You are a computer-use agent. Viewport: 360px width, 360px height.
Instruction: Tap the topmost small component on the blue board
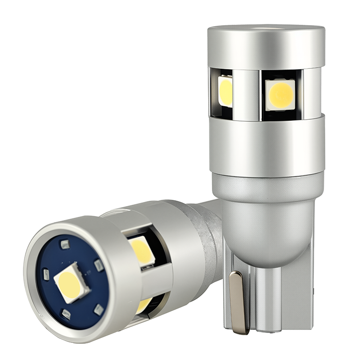coord(65,244)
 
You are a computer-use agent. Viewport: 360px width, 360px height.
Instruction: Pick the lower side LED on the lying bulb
coord(144,305)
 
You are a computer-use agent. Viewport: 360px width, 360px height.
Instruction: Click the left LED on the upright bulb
coord(225,91)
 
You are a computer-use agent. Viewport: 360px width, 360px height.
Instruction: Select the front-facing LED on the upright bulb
coord(280,95)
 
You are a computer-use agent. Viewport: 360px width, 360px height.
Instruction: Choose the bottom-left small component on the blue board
coord(66,315)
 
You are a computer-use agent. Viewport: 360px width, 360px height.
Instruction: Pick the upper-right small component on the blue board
coord(99,265)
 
